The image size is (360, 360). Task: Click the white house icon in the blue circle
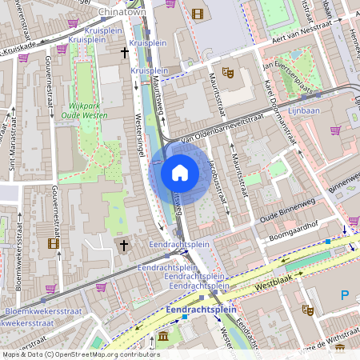pos(180,172)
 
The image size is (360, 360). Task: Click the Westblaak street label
pos(273,282)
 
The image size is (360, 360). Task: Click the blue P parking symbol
pos(346,295)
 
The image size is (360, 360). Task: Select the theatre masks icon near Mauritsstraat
pos(228,72)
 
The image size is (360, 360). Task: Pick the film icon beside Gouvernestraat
pos(53,243)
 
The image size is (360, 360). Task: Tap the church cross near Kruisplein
pos(124,53)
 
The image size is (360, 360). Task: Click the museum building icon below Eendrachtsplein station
pos(164,337)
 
